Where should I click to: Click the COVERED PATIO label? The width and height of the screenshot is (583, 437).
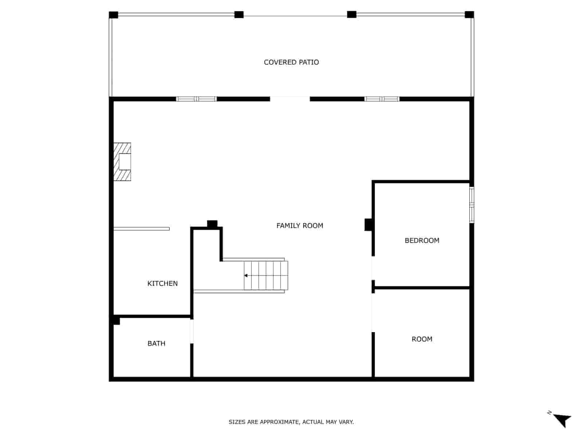tap(291, 62)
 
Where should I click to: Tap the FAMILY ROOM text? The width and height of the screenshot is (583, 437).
tap(300, 226)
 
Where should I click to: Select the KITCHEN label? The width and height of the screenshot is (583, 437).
tap(163, 283)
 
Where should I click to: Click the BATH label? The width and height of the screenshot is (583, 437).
tap(156, 343)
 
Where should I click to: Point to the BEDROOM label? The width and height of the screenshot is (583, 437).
tap(422, 240)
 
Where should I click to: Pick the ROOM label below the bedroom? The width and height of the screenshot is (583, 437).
tap(422, 339)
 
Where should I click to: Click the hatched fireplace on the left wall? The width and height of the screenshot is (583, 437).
tap(122, 162)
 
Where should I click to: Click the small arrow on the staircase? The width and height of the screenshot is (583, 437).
tap(246, 276)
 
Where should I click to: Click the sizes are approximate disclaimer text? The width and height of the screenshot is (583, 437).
tap(291, 422)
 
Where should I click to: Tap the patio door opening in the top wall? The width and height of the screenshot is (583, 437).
tap(290, 99)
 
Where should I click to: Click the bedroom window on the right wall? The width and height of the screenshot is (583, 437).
tap(472, 205)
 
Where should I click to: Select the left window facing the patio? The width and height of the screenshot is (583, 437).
tap(196, 99)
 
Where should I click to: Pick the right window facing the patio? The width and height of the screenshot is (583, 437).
tap(382, 99)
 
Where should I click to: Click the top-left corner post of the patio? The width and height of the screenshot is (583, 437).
tap(114, 15)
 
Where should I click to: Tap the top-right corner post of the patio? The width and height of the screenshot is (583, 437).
tap(469, 15)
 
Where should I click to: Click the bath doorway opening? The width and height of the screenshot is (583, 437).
tap(192, 331)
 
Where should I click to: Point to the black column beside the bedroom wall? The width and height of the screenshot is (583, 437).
tap(368, 224)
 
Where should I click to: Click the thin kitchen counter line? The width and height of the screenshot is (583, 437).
tap(141, 229)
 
